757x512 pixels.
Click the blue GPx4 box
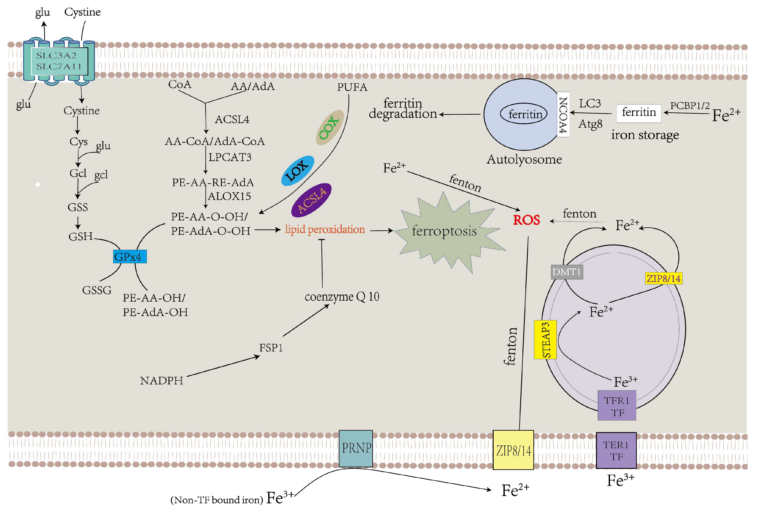(x=130, y=256)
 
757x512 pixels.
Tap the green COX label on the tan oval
(x=329, y=127)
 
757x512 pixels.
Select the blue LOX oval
(x=297, y=170)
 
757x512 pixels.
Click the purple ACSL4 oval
(x=311, y=200)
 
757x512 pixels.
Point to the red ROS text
(x=526, y=220)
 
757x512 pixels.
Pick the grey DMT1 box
(x=567, y=272)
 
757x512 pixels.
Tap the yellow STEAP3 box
(x=545, y=340)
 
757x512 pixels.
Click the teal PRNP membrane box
(x=356, y=448)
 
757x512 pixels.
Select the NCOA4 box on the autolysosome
(x=563, y=115)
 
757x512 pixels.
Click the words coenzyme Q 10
(x=342, y=296)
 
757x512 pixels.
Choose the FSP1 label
(x=271, y=348)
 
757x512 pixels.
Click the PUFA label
(x=352, y=87)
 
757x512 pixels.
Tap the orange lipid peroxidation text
(x=325, y=229)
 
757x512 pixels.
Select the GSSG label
(x=97, y=290)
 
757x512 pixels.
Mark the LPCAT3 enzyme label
(x=230, y=157)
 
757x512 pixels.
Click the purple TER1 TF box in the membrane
(x=616, y=450)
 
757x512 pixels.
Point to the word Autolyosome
(x=524, y=159)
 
